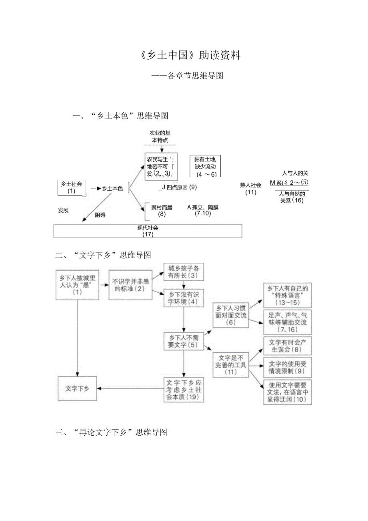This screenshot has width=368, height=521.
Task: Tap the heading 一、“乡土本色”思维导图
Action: click(x=120, y=116)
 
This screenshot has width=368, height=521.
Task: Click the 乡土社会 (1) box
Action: click(x=72, y=187)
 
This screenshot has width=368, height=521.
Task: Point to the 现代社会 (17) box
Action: click(x=148, y=231)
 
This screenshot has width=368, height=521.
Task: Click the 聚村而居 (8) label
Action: click(x=162, y=211)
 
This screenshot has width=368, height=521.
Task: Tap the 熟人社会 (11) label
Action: click(x=251, y=188)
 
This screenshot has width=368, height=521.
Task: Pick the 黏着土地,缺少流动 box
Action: click(x=205, y=166)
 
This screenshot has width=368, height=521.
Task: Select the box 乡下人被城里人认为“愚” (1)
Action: click(x=77, y=285)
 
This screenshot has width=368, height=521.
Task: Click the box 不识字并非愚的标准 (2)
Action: click(x=130, y=285)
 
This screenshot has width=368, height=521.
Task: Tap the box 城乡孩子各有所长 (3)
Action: click(x=184, y=272)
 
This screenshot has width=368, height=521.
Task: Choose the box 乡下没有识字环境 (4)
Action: click(x=184, y=298)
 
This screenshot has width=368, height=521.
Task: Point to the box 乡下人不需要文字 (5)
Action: click(x=184, y=341)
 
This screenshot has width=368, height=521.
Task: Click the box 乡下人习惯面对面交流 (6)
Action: click(x=231, y=315)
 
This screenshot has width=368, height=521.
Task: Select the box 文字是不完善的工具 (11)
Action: click(x=231, y=364)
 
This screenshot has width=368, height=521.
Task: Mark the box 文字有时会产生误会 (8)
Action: click(x=287, y=346)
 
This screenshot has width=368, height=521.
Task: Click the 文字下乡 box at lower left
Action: click(x=77, y=388)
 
